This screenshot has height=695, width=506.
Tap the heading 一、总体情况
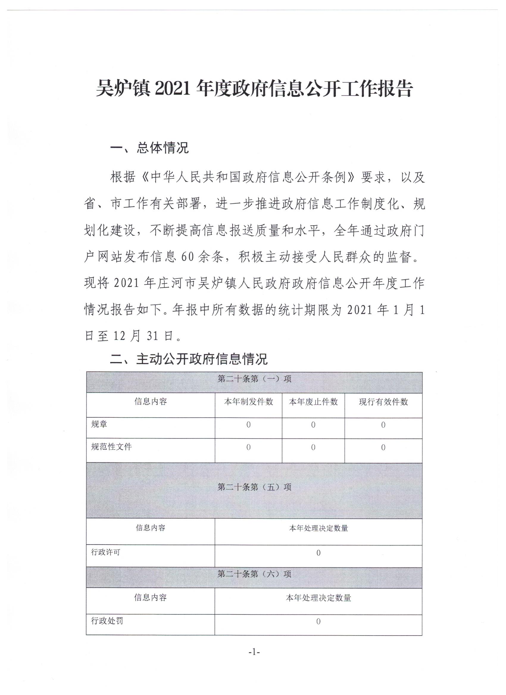click(149, 148)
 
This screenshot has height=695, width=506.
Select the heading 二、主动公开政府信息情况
click(189, 359)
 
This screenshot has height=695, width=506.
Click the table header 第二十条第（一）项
click(254, 379)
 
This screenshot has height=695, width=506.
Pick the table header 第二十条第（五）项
click(254, 487)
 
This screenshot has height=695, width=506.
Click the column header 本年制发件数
click(248, 402)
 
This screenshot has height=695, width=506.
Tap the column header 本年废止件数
click(313, 402)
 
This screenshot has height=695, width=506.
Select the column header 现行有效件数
click(383, 402)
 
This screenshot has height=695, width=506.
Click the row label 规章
click(99, 424)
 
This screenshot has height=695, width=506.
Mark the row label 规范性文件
click(111, 447)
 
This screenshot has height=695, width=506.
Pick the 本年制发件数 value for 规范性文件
click(248, 447)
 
